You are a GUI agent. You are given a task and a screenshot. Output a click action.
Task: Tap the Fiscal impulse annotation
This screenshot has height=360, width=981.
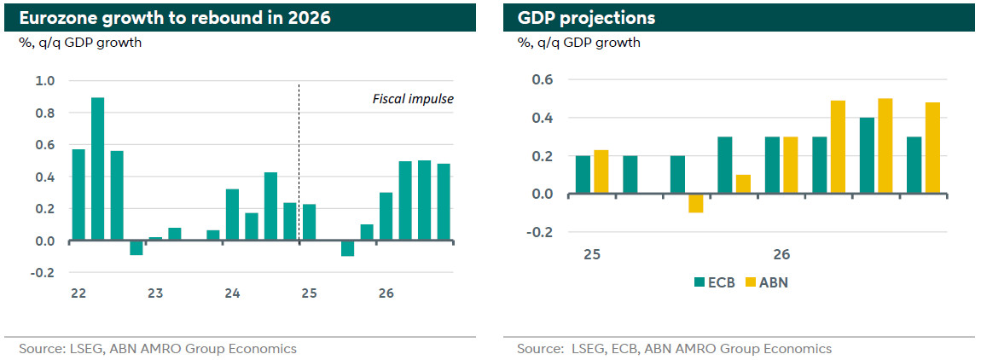pyautogui.click(x=413, y=99)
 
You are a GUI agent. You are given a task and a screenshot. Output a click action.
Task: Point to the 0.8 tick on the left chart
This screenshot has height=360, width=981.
pyautogui.click(x=44, y=113)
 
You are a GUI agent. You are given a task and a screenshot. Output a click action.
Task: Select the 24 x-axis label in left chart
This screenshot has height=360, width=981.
pyautogui.click(x=232, y=293)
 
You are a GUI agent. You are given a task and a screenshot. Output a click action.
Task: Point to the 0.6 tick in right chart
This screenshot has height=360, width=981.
pyautogui.click(x=543, y=80)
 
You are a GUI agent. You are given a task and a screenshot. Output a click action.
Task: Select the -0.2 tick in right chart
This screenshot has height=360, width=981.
pyautogui.click(x=542, y=232)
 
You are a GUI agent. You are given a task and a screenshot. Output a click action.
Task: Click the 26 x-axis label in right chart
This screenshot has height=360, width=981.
pyautogui.click(x=781, y=254)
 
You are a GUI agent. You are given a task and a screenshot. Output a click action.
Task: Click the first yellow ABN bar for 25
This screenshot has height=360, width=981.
pyautogui.click(x=602, y=172)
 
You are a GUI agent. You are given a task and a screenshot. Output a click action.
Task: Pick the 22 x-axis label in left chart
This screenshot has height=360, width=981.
pyautogui.click(x=78, y=293)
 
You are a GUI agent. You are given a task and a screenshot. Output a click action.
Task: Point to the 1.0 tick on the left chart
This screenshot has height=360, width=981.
pyautogui.click(x=44, y=81)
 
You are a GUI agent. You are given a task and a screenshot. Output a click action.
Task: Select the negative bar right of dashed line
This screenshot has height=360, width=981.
pyautogui.click(x=347, y=248)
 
